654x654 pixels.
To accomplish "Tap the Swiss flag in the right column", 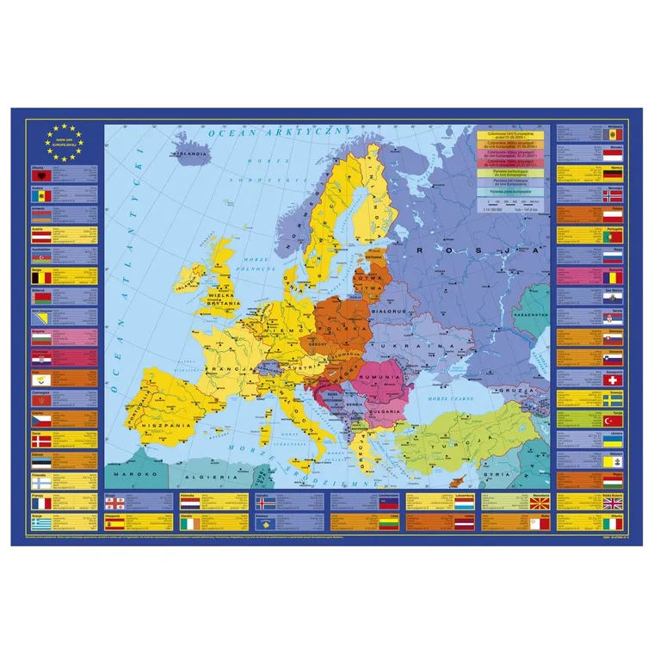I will coord(614,379).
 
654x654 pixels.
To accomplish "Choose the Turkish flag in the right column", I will coord(614,420).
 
